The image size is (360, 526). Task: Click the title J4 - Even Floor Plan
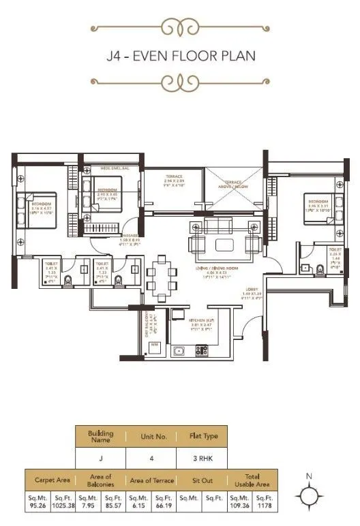click(x=181, y=55)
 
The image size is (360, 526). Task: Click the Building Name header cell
click(x=100, y=436)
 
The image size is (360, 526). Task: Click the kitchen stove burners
click(x=202, y=351)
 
